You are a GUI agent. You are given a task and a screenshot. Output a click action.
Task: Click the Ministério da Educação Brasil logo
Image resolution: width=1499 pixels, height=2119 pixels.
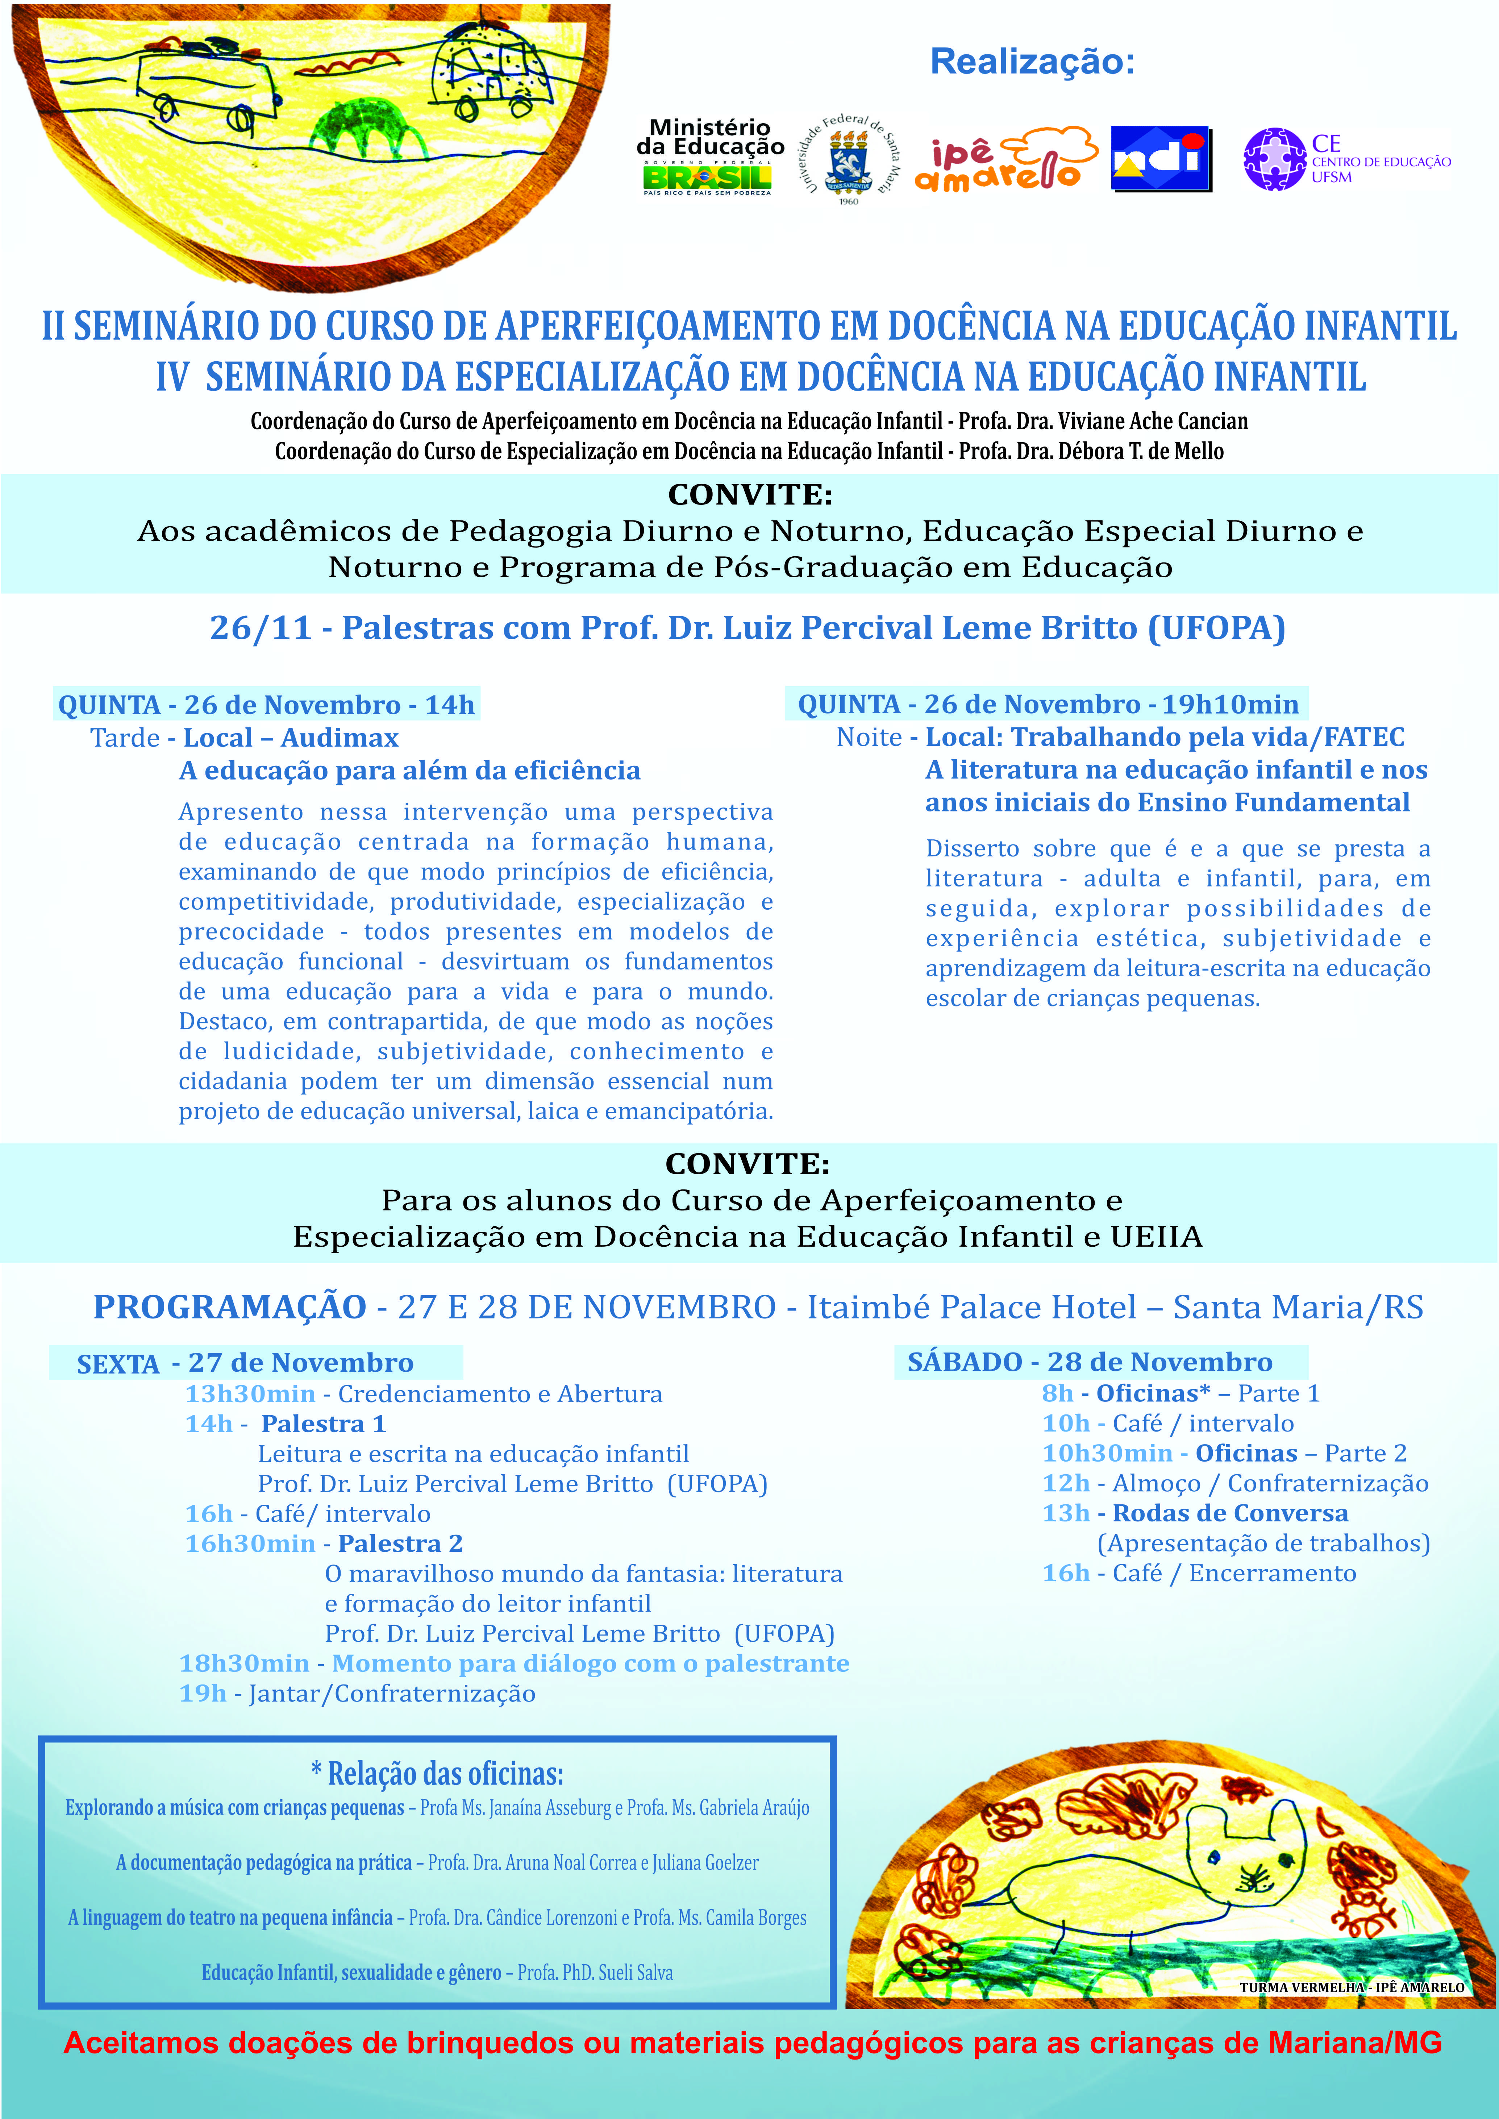709,157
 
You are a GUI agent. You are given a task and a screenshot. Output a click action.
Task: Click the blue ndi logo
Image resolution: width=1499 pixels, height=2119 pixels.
1160,159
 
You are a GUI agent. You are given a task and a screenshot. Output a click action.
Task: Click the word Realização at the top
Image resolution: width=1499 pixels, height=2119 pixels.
1032,62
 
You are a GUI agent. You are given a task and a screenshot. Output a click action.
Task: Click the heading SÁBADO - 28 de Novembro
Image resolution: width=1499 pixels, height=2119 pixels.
1089,1362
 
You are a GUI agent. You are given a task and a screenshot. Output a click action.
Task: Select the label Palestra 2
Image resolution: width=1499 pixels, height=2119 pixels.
401,1544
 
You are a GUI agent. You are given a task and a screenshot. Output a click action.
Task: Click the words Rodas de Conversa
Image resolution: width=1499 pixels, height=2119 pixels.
1231,1513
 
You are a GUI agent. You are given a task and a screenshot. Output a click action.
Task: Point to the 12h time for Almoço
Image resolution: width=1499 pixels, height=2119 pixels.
1066,1484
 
